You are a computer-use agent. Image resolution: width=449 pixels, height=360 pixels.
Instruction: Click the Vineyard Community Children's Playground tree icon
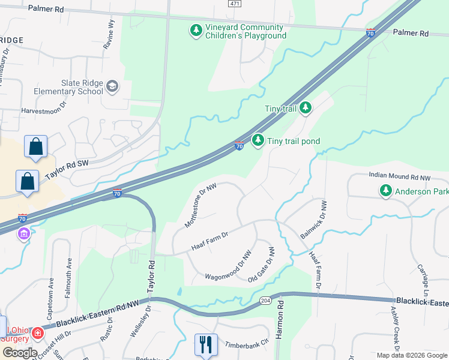196,30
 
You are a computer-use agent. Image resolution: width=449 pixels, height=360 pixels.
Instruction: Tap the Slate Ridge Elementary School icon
112,87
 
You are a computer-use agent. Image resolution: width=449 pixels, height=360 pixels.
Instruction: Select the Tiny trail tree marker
306,108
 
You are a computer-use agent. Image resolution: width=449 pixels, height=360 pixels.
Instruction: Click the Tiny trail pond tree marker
258,140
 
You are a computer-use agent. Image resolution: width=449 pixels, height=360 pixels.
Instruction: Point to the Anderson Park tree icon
385,191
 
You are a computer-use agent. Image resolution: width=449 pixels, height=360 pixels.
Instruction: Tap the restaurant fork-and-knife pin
205,344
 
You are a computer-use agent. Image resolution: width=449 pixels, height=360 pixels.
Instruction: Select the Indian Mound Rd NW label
398,178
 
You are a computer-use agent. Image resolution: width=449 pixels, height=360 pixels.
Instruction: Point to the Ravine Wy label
111,32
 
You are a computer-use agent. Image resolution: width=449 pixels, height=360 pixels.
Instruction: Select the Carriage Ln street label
425,278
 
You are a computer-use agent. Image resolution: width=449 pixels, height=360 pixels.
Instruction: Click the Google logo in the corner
20,353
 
